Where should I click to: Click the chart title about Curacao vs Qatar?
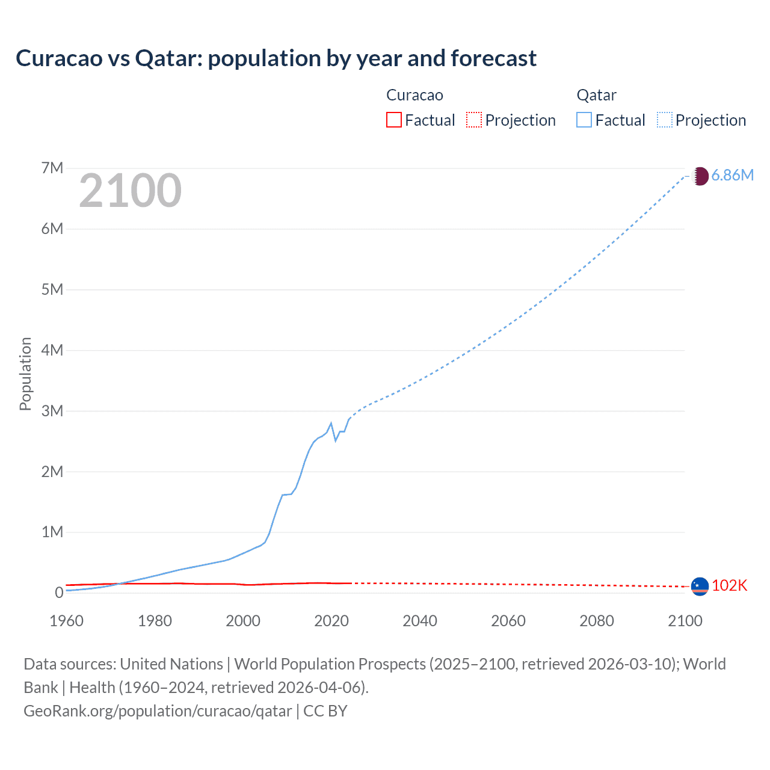(x=276, y=58)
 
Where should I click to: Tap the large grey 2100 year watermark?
(x=130, y=191)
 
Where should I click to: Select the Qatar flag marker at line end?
(x=700, y=176)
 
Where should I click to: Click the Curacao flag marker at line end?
(x=700, y=586)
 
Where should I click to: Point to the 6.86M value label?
(x=732, y=175)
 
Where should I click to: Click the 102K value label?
(x=729, y=585)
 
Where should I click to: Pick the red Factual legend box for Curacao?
(x=393, y=120)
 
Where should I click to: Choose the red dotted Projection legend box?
(x=474, y=120)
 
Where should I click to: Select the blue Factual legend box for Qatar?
(x=584, y=120)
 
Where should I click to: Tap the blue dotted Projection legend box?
(x=665, y=120)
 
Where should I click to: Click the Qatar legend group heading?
(x=596, y=95)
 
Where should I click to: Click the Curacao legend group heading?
(x=414, y=95)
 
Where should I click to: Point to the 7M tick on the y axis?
(x=52, y=168)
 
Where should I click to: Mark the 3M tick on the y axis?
(x=52, y=411)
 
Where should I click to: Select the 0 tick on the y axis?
(x=59, y=593)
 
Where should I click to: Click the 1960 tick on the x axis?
(x=66, y=621)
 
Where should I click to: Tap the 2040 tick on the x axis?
(x=420, y=621)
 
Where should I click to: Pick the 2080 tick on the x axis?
(x=597, y=621)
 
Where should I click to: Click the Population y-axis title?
(x=25, y=374)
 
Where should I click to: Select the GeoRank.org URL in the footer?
(x=158, y=711)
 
